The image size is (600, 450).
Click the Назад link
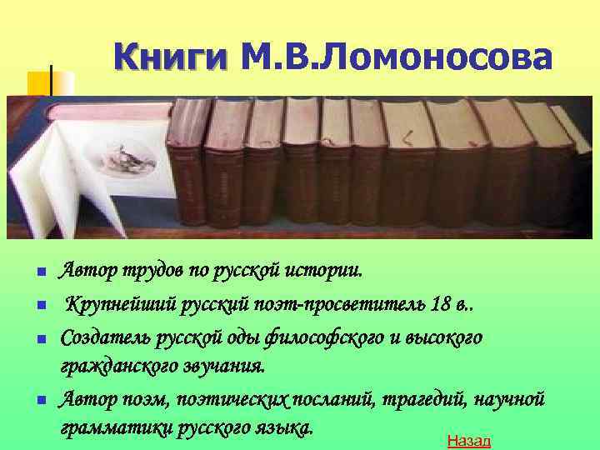pos(469,441)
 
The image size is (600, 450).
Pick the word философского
pos(327,338)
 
